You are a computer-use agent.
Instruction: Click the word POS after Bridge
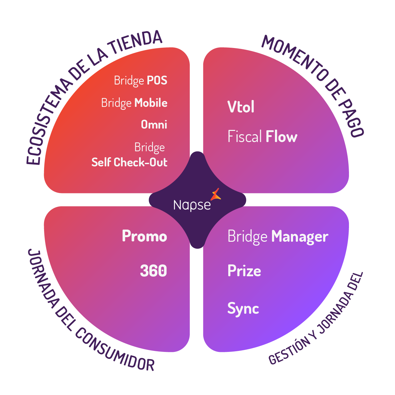click(x=157, y=81)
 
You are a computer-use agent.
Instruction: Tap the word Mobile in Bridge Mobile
click(x=151, y=103)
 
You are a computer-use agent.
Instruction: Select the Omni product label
click(x=154, y=125)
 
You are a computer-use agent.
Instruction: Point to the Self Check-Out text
click(x=129, y=162)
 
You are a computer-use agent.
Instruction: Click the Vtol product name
click(x=241, y=107)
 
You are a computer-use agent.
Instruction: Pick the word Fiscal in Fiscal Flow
click(x=245, y=137)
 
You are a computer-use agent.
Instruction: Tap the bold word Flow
click(x=282, y=137)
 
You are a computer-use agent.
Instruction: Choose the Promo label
click(x=144, y=236)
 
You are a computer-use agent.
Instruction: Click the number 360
click(x=153, y=271)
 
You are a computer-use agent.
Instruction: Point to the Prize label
click(x=244, y=271)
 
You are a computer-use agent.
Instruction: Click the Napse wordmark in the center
click(x=192, y=205)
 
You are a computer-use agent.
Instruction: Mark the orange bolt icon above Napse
click(x=216, y=194)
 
